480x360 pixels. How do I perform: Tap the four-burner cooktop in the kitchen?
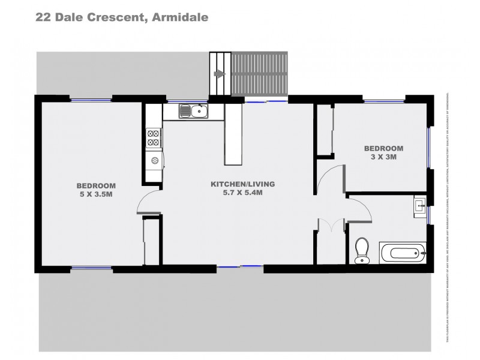154,138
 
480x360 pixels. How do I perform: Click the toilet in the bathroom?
362,251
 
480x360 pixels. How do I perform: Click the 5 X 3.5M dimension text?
95,194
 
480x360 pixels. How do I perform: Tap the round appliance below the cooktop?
154,160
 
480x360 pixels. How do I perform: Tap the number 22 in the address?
44,17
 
